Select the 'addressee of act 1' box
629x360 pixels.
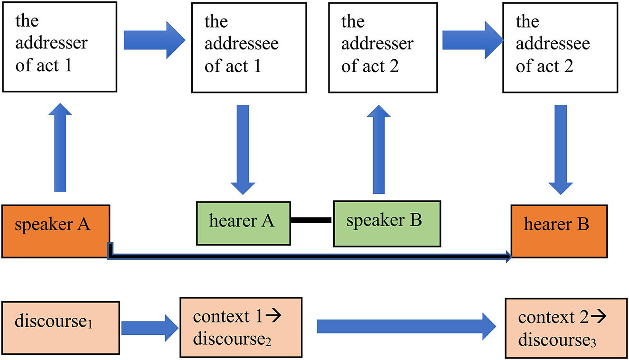pos(242,46)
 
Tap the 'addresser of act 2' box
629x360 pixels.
pos(378,46)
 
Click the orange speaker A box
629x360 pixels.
pos(56,231)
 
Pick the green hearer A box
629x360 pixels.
pos(243,223)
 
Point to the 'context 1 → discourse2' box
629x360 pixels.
pos(241,327)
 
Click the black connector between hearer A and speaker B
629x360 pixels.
pos(311,220)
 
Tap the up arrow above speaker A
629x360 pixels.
pos(60,147)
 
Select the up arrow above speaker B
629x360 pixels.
pos(378,147)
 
